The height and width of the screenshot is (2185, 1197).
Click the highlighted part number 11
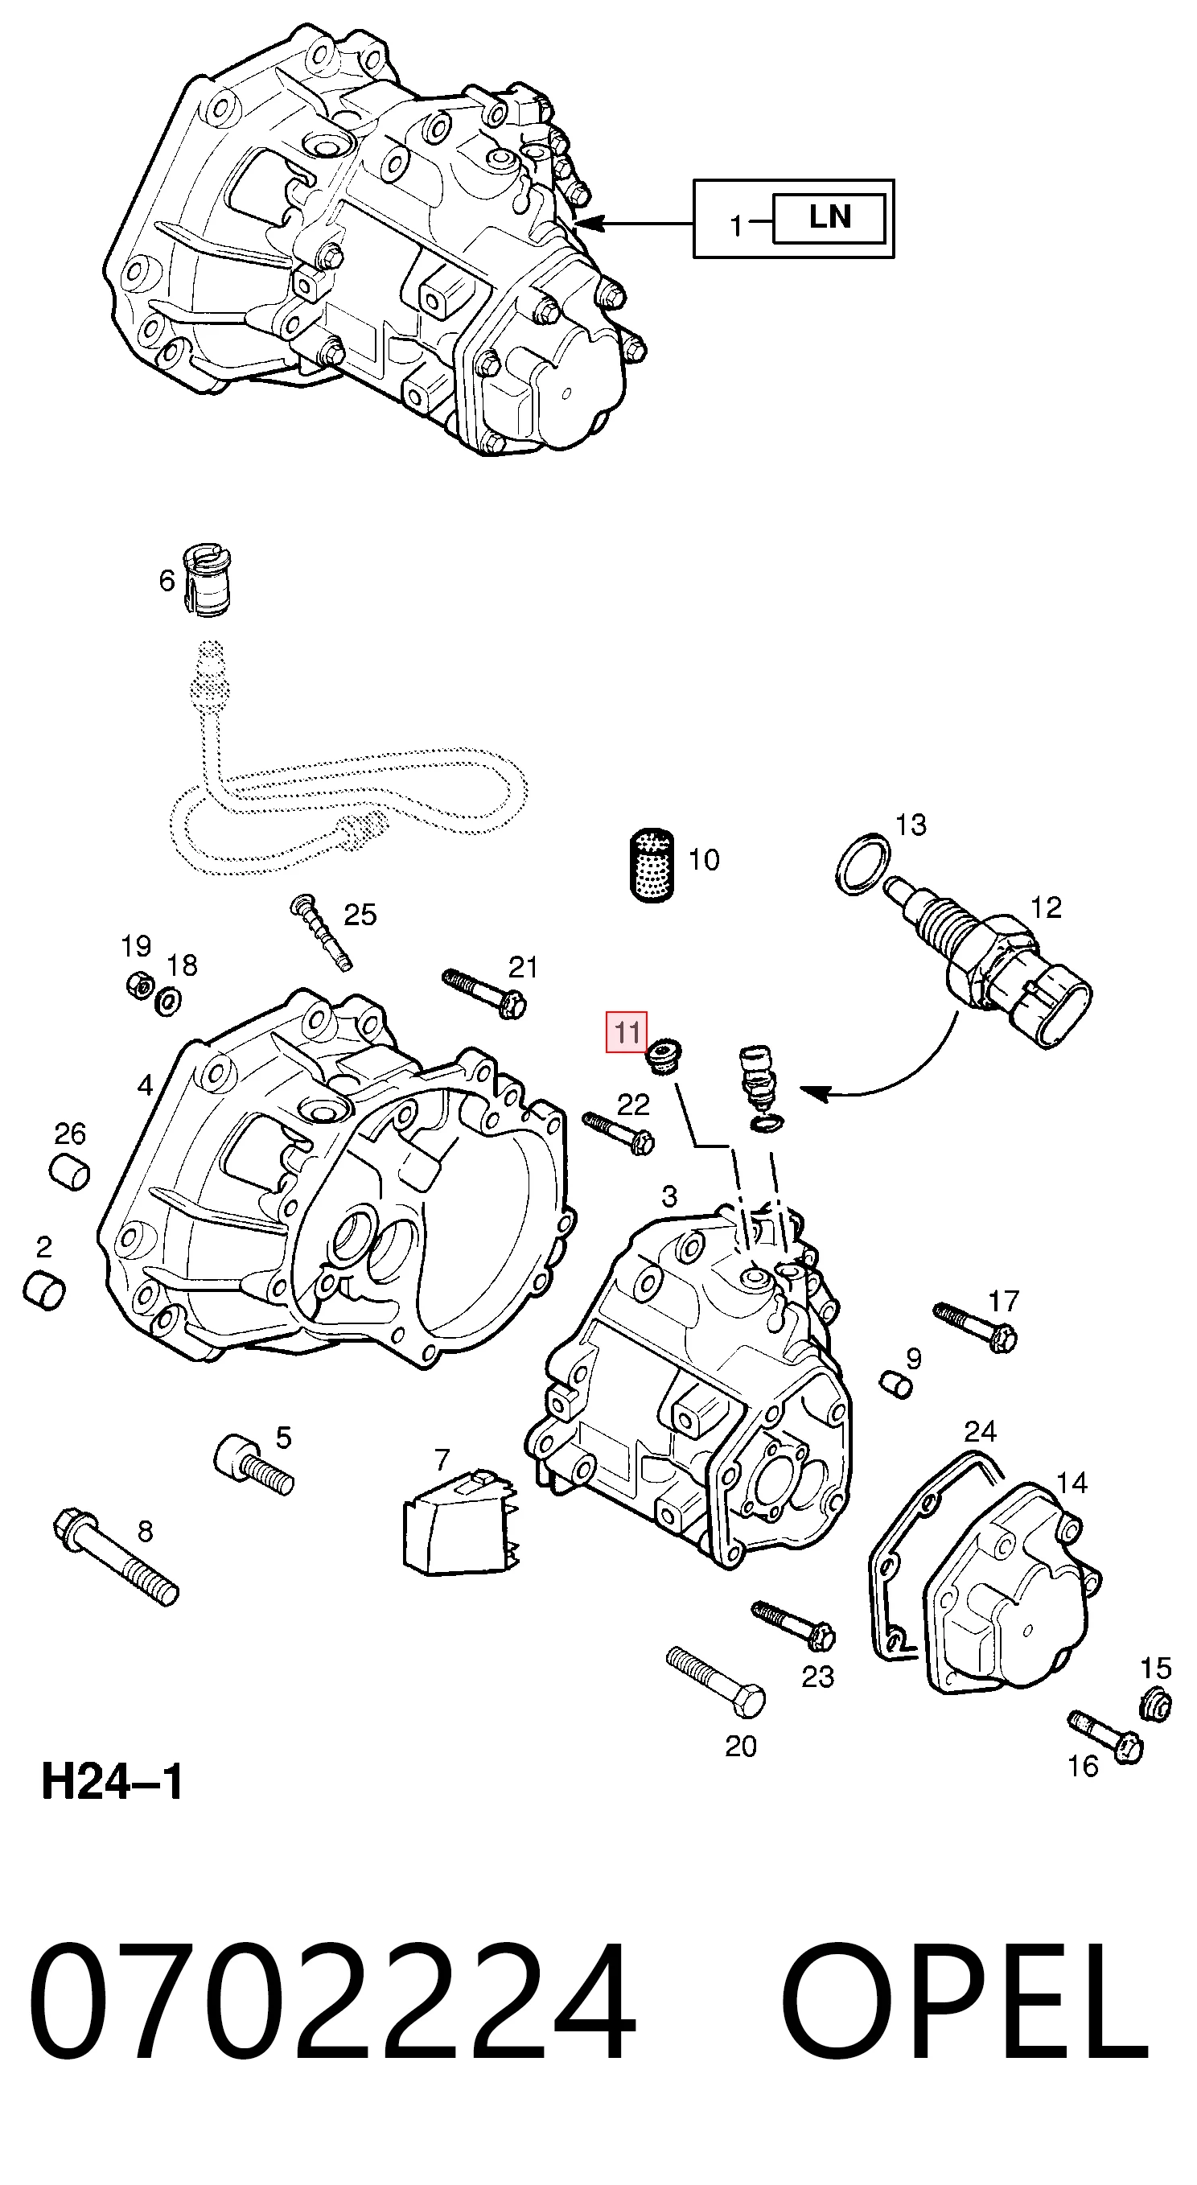(x=626, y=1032)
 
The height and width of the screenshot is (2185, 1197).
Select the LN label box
(x=829, y=219)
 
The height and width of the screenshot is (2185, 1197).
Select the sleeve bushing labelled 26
(x=68, y=1171)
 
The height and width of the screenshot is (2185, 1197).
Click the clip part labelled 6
(x=208, y=579)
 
